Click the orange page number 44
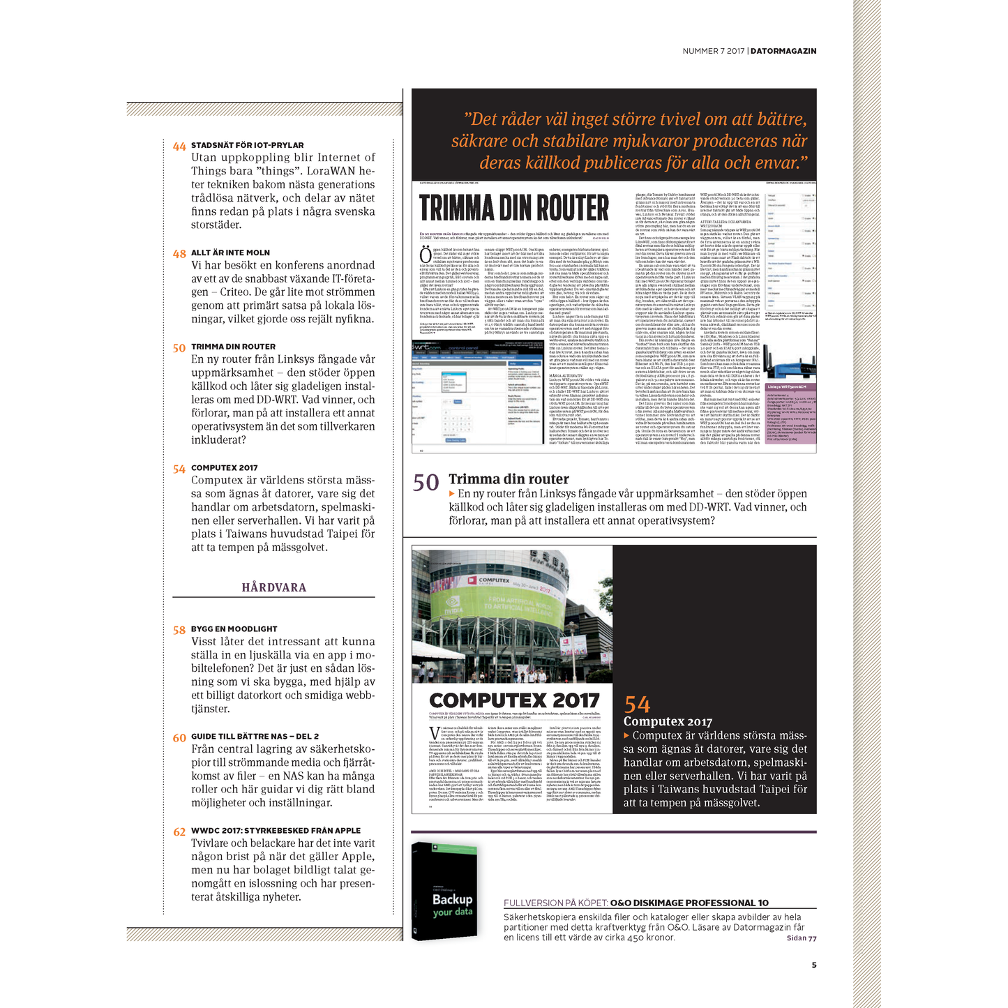pyautogui.click(x=179, y=146)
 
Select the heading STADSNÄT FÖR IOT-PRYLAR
pyautogui.click(x=247, y=145)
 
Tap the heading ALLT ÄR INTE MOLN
pyautogui.click(x=230, y=253)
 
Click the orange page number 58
pyautogui.click(x=179, y=630)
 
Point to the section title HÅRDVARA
pyautogui.click(x=273, y=587)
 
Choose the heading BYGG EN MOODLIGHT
pyautogui.click(x=234, y=629)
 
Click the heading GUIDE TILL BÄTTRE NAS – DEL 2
pyautogui.click(x=255, y=736)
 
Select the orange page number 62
pyautogui.click(x=179, y=832)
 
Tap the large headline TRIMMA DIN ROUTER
pyautogui.click(x=514, y=208)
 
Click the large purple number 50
pyautogui.click(x=426, y=482)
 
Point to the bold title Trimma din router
pyautogui.click(x=509, y=479)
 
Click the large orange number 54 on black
pyautogui.click(x=637, y=704)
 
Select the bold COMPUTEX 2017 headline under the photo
pyautogui.click(x=514, y=700)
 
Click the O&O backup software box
pyautogui.click(x=444, y=891)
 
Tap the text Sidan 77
pyautogui.click(x=802, y=938)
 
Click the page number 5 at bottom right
pyautogui.click(x=813, y=965)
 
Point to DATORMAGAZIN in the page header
pyautogui.click(x=783, y=51)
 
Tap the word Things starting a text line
pyautogui.click(x=208, y=171)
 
